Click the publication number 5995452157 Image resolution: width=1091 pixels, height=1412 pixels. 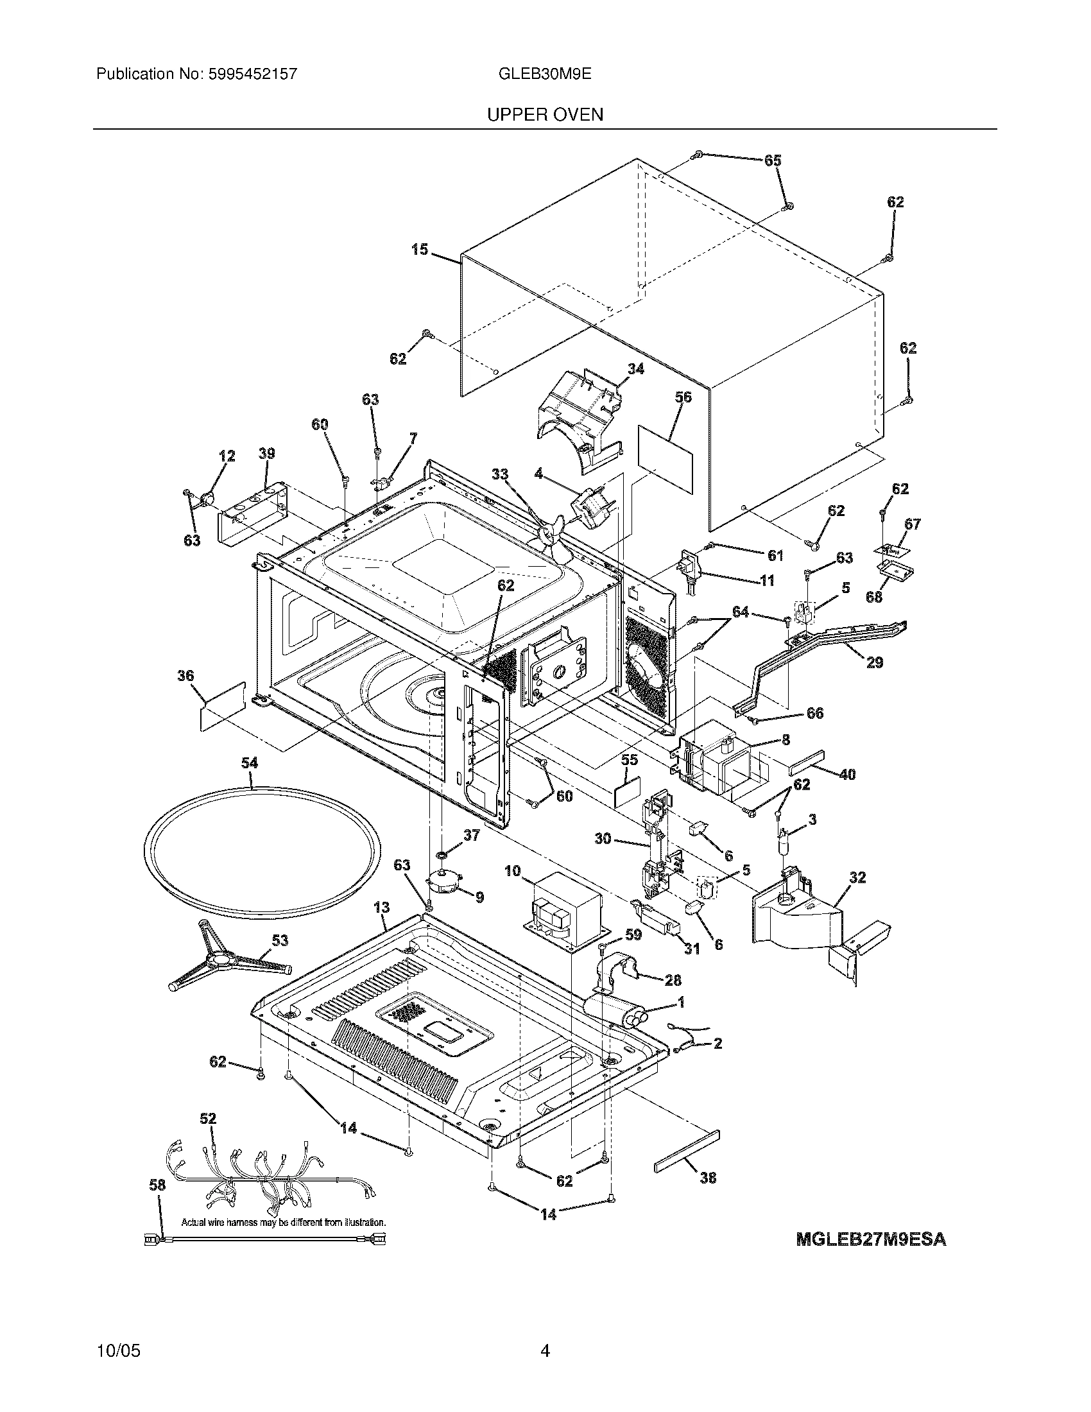[x=253, y=74]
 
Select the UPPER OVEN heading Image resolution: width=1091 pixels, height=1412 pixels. [x=545, y=115]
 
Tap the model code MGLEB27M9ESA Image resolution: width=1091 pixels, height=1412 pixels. [x=871, y=1240]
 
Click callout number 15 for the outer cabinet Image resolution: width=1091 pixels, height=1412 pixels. [x=420, y=249]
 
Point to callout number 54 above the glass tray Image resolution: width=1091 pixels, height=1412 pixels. [x=250, y=763]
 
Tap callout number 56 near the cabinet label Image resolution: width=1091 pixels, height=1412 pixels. [x=683, y=397]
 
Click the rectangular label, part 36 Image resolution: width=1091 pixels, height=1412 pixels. [x=223, y=705]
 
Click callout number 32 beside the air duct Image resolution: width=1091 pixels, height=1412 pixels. [x=857, y=877]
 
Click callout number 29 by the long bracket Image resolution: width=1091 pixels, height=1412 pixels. [x=874, y=663]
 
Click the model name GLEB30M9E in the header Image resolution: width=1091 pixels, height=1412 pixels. [x=545, y=74]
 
